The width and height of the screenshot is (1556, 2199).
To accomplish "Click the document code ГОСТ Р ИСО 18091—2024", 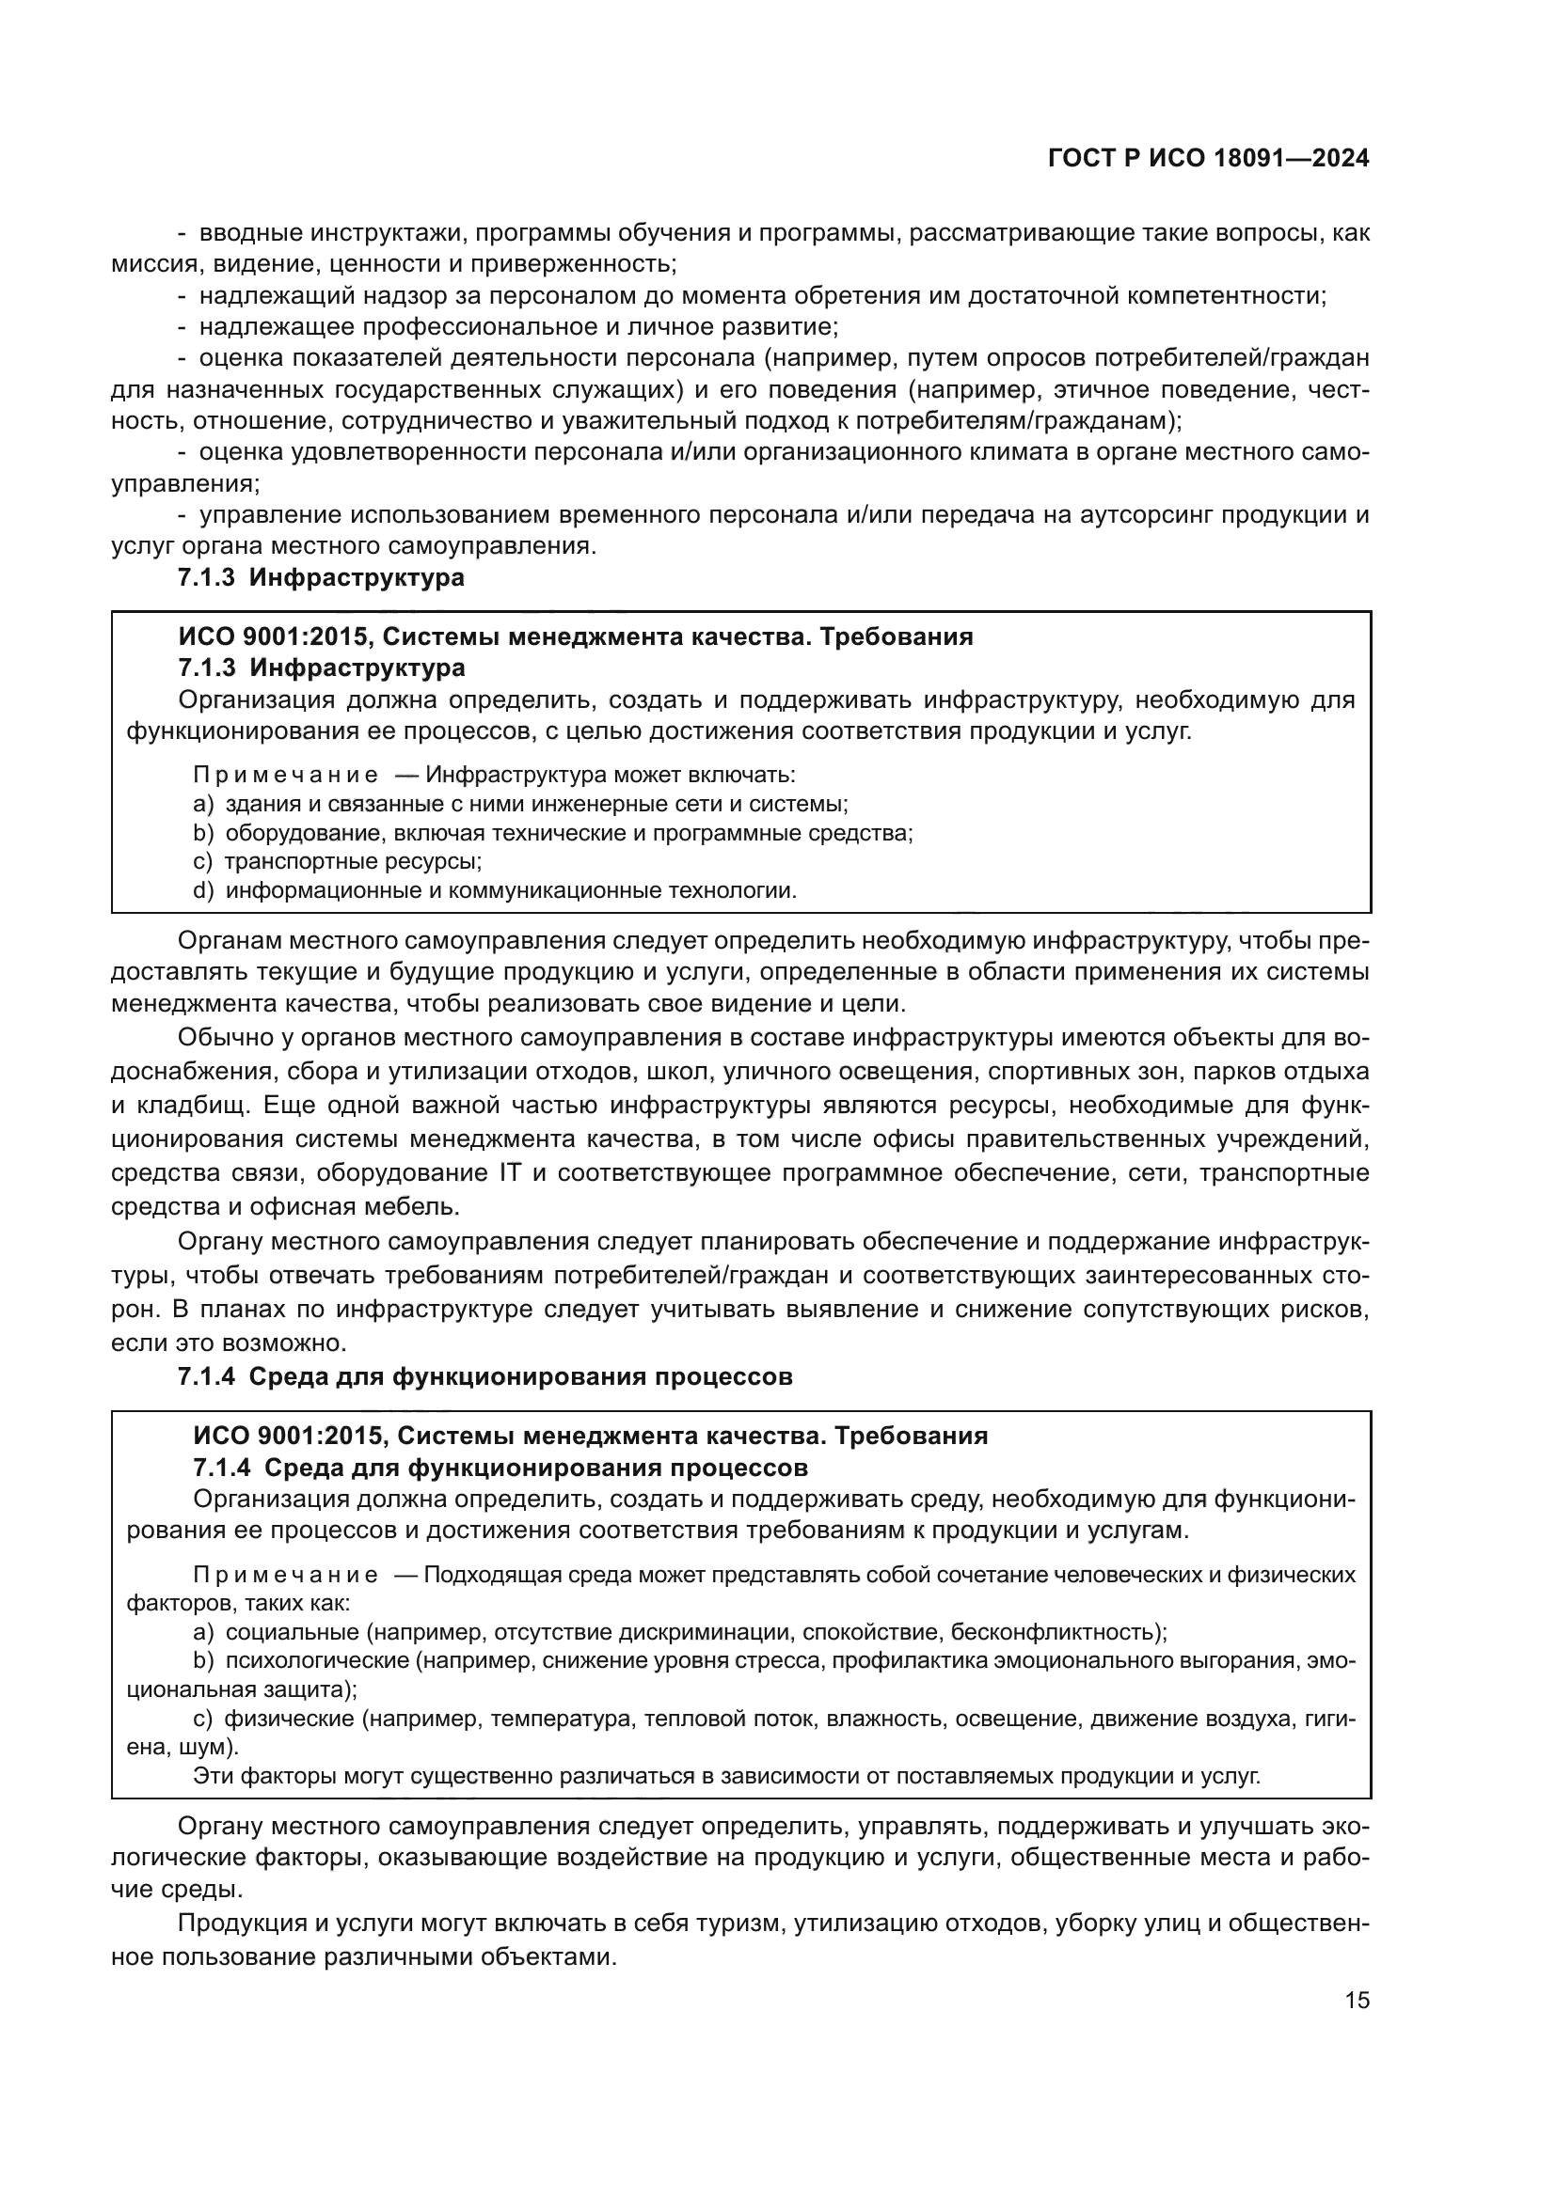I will (x=1208, y=159).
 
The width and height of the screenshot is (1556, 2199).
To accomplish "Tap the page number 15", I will (x=1357, y=2001).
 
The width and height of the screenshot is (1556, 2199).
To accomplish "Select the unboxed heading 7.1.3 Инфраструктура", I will (x=321, y=577).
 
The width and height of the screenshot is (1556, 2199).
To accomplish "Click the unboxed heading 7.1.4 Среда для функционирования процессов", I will (x=484, y=1377).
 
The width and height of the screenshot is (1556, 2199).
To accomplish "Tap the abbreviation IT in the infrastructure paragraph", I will (x=508, y=1172).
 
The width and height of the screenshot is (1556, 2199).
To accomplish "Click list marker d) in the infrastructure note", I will (x=203, y=890).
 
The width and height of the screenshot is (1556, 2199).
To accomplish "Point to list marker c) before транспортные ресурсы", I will (x=202, y=861).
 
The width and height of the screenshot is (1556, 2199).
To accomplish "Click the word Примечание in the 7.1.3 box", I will (x=284, y=774).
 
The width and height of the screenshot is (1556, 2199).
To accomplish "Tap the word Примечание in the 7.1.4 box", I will (x=284, y=1576).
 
